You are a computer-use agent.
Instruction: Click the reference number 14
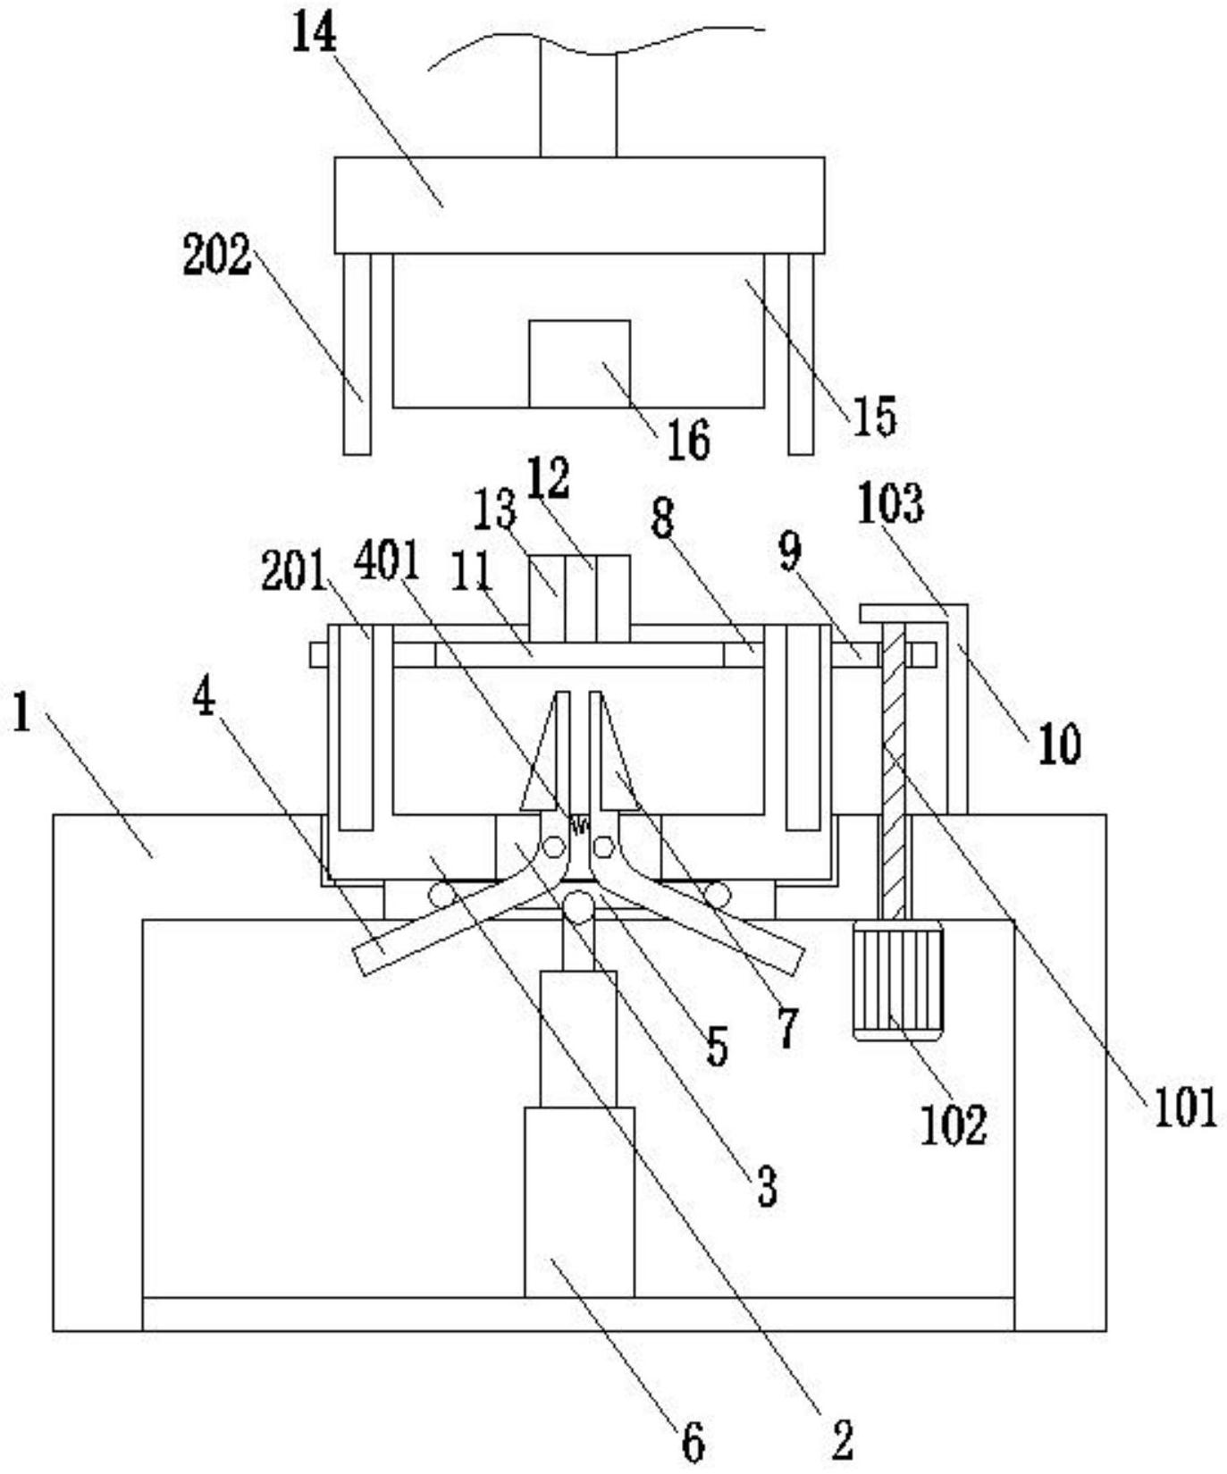pos(315,34)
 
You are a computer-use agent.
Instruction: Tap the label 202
pos(216,256)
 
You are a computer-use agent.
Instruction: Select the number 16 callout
pos(688,440)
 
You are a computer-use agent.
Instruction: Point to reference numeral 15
pos(873,416)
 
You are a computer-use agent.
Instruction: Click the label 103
pos(890,503)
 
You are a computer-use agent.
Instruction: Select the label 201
pos(294,571)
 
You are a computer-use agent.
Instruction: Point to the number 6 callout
pos(693,1442)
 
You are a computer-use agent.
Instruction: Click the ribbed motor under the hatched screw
pos(898,981)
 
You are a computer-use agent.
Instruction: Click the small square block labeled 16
pos(579,364)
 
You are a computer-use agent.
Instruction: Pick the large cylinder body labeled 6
pos(579,1202)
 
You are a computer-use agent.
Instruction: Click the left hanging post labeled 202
pos(357,354)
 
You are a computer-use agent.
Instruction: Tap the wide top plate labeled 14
pos(579,205)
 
